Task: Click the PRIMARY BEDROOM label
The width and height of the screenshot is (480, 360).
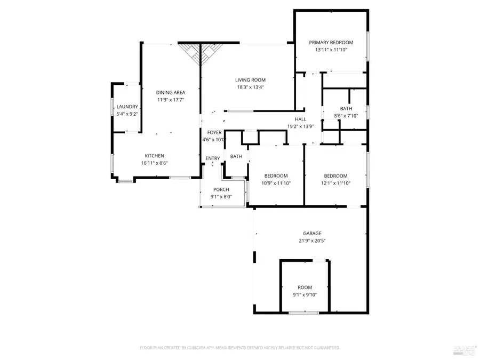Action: tap(331, 42)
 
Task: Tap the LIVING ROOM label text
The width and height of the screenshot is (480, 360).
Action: tap(250, 80)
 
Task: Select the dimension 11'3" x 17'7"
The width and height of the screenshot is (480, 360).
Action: tap(171, 100)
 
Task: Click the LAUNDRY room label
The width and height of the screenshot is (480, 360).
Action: tap(127, 107)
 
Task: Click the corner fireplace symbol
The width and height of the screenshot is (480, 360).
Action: tap(200, 52)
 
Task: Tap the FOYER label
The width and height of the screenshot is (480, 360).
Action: tap(214, 132)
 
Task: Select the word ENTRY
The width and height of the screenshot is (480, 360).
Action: tap(212, 158)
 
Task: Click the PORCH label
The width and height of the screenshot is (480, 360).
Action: tap(221, 189)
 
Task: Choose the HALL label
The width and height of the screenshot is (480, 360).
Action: tap(300, 119)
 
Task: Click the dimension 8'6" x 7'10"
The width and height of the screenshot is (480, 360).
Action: tap(346, 116)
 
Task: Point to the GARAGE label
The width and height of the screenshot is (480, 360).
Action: tap(312, 233)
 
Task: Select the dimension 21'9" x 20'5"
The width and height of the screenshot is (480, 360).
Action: tap(312, 241)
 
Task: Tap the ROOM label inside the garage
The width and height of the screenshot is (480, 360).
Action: tap(305, 287)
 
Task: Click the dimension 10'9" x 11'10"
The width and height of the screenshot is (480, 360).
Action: tap(276, 183)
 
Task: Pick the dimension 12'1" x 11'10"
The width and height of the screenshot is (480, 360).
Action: tap(335, 183)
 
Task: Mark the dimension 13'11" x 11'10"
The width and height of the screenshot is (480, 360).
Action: tap(331, 50)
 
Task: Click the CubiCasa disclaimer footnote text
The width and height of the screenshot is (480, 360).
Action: tap(239, 348)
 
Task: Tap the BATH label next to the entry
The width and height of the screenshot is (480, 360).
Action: tap(236, 156)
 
